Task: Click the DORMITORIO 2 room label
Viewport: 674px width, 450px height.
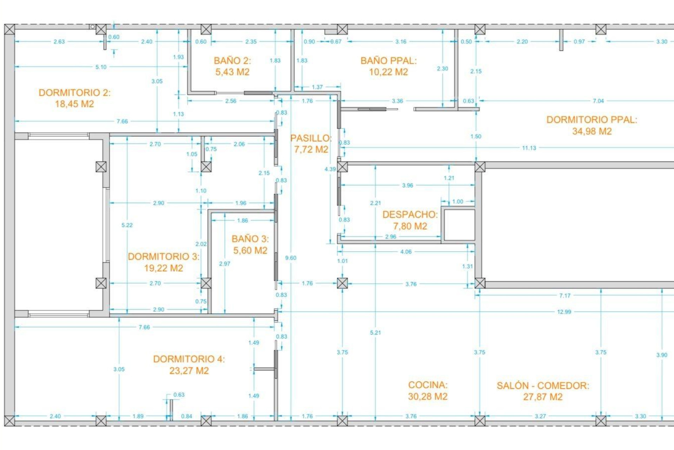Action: click(74, 93)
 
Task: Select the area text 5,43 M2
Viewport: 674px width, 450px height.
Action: click(232, 72)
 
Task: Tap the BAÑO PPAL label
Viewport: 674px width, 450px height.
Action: click(388, 61)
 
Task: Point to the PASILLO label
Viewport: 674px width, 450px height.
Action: click(311, 138)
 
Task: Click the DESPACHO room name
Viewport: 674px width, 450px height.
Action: click(410, 214)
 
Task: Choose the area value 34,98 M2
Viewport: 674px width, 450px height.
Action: click(592, 131)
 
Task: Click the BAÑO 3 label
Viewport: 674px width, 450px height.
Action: click(250, 239)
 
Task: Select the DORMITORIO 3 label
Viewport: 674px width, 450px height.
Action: click(163, 257)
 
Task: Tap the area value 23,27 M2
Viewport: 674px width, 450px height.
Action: click(189, 371)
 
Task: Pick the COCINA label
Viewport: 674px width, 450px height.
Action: click(428, 385)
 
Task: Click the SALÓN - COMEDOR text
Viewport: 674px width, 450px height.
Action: click(543, 386)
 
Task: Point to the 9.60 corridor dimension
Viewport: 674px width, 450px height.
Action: click(291, 258)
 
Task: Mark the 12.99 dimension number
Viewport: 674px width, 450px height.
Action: click(564, 312)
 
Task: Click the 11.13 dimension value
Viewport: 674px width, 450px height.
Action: click(529, 148)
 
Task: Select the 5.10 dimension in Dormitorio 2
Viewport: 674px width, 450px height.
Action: click(101, 67)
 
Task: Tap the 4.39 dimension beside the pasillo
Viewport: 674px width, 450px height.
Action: click(330, 169)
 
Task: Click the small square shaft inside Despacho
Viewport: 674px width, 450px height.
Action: click(459, 225)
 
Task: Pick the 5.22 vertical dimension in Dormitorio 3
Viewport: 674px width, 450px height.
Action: click(127, 225)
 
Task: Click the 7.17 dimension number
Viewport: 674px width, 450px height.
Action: click(564, 296)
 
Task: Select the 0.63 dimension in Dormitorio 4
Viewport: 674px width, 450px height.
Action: click(179, 395)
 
